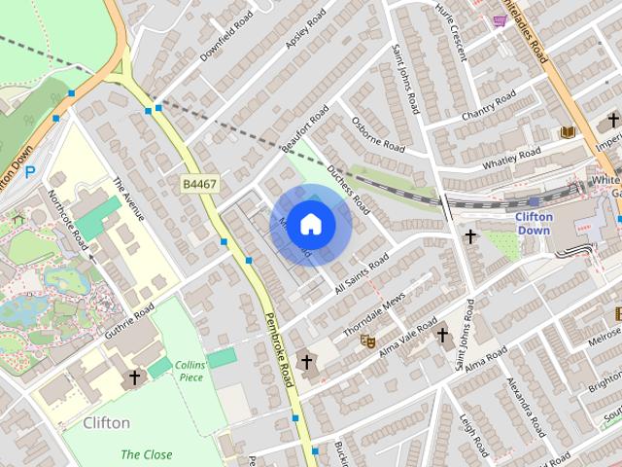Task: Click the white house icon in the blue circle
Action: (x=310, y=225)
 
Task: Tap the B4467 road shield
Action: (x=198, y=182)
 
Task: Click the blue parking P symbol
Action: (x=30, y=172)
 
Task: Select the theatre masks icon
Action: (x=367, y=341)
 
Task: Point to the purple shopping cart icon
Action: (x=500, y=20)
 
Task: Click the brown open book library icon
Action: (x=568, y=132)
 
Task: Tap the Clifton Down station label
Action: (x=534, y=223)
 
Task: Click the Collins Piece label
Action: (x=190, y=371)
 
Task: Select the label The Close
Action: (x=147, y=454)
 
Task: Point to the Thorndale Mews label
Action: (x=373, y=316)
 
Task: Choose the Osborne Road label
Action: (x=378, y=134)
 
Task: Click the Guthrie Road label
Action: (x=130, y=322)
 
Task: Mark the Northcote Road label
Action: (x=69, y=219)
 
